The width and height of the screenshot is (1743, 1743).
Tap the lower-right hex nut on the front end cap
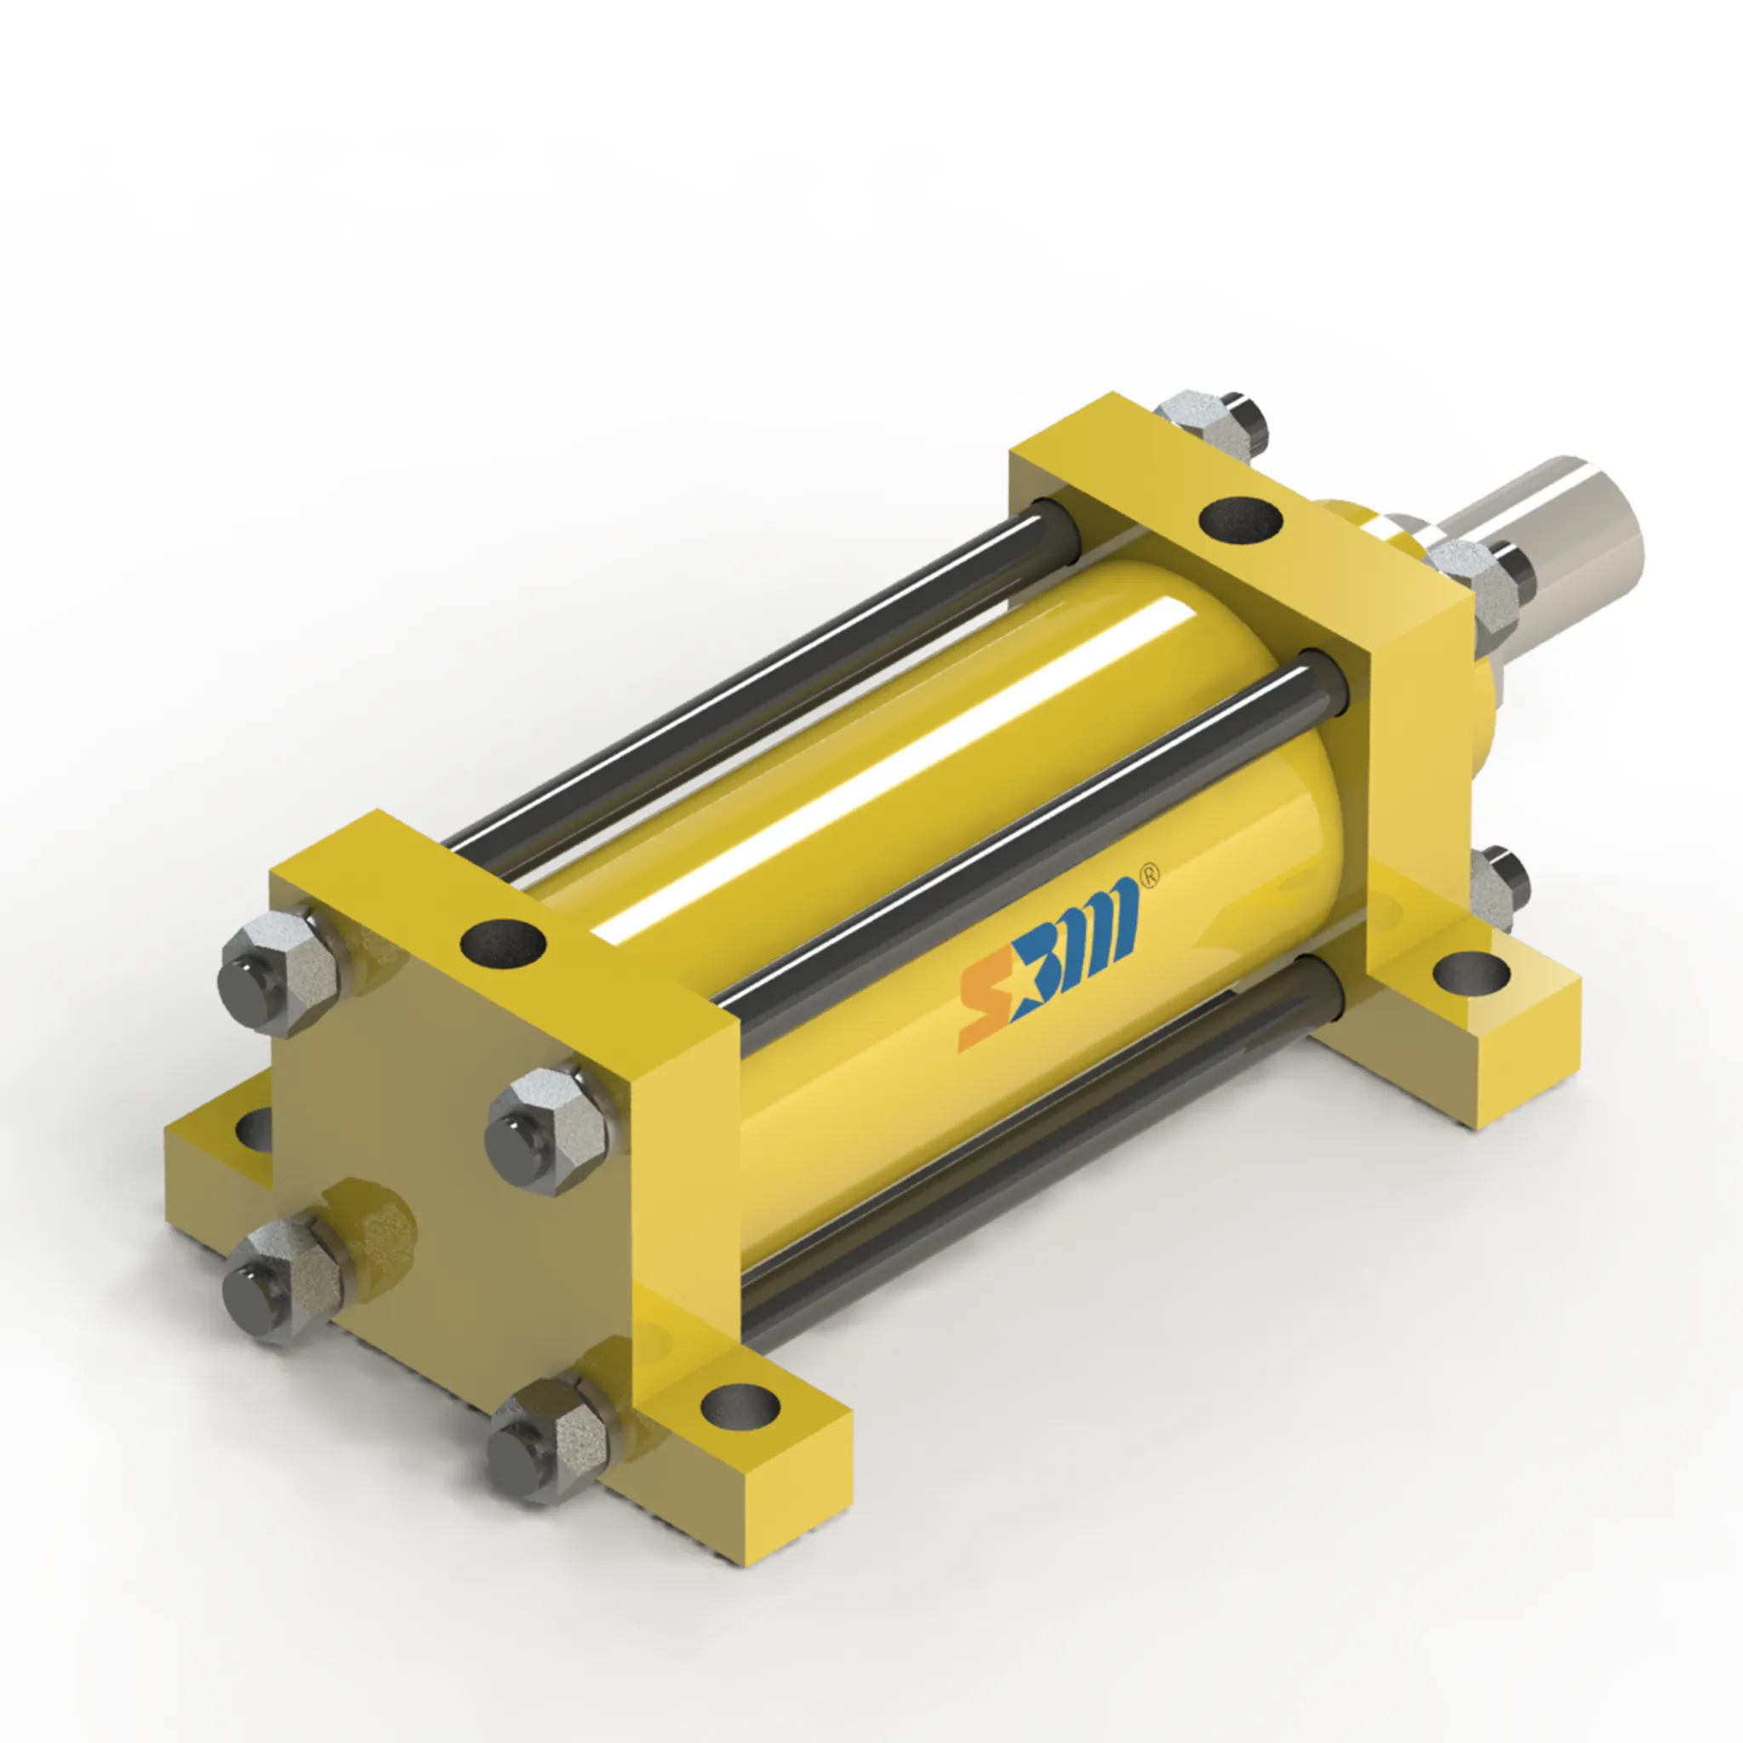tap(546, 1439)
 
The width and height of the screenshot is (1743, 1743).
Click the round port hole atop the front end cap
tap(502, 943)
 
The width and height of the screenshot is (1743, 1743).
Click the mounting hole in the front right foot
tap(740, 1402)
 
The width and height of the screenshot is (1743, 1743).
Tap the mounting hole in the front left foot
tap(254, 1128)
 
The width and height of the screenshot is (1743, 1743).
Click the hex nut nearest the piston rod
tap(1479, 586)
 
